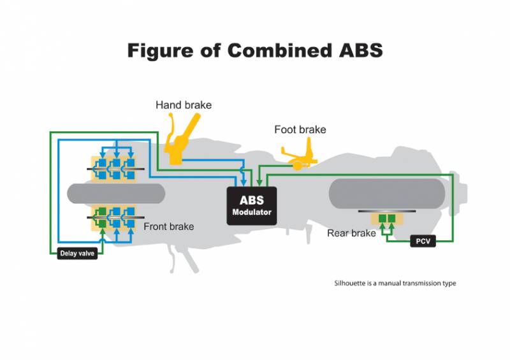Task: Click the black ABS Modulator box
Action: (x=251, y=206)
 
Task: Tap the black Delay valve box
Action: (x=77, y=253)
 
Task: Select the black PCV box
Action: (x=422, y=241)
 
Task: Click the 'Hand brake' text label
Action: (x=184, y=104)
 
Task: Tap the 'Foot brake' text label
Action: (x=300, y=130)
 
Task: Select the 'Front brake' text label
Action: (x=168, y=227)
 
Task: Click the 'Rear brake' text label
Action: (x=351, y=233)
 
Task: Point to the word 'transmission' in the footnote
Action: (x=423, y=284)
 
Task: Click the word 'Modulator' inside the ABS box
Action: (x=251, y=213)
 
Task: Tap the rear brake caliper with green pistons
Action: (x=387, y=219)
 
